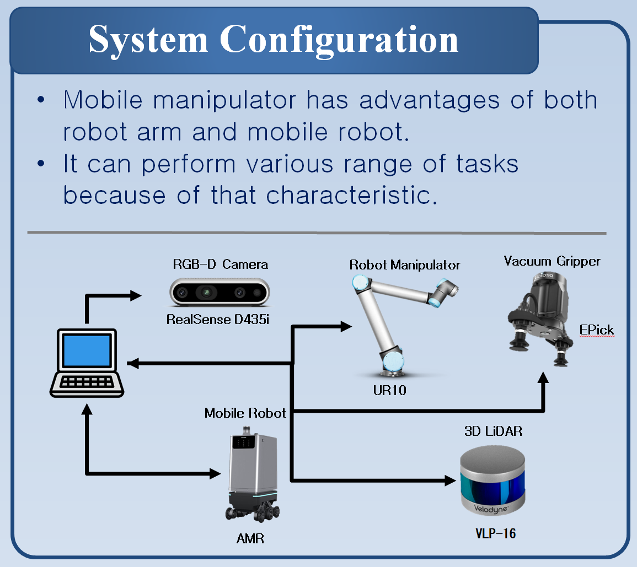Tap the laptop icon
(x=87, y=363)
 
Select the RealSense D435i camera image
(x=220, y=293)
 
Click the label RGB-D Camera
(x=220, y=264)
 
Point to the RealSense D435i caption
(x=218, y=319)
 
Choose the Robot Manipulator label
(x=405, y=265)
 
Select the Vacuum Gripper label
(x=552, y=261)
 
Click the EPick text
(x=596, y=330)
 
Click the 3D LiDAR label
(x=493, y=431)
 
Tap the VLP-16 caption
(x=495, y=533)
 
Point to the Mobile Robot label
(x=245, y=413)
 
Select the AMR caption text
(x=250, y=538)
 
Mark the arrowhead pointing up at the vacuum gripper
(x=544, y=378)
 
